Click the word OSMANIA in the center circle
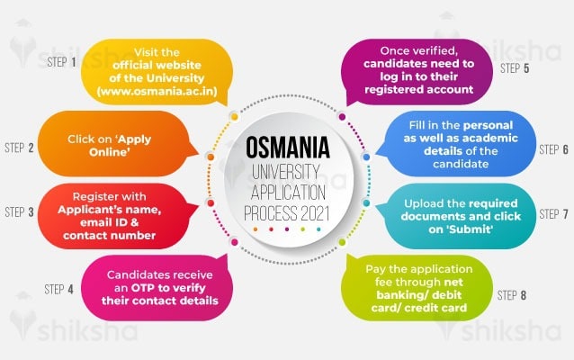287,148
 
